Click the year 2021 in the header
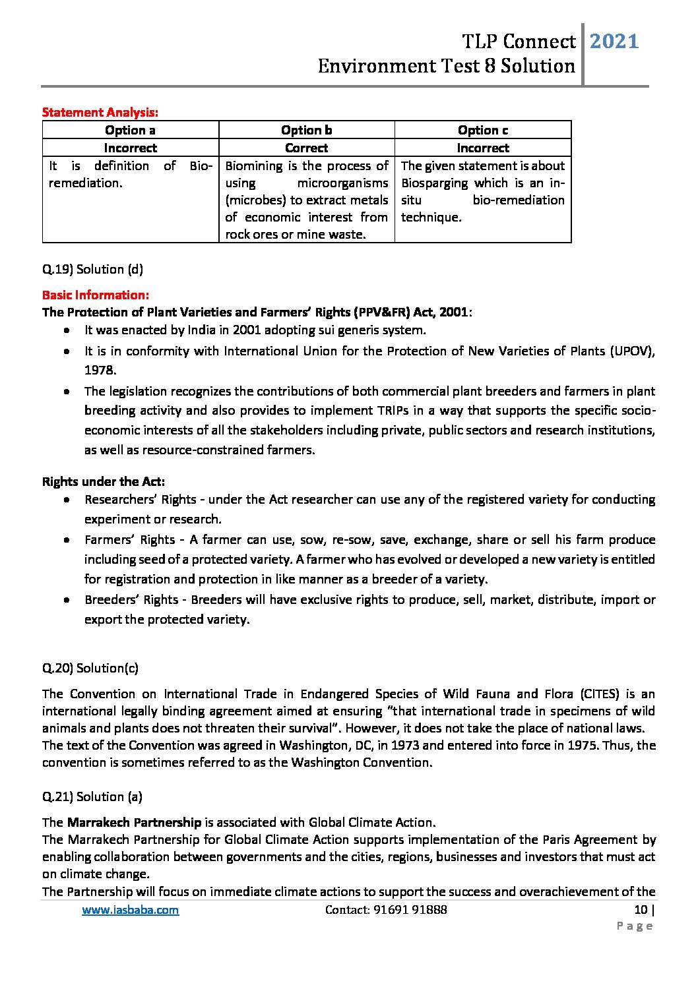tap(614, 42)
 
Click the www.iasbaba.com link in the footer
tap(130, 910)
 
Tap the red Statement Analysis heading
tap(100, 113)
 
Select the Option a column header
tap(130, 130)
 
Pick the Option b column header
tap(306, 130)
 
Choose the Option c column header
tap(482, 130)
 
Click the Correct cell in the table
tap(306, 148)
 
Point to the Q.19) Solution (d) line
tap(92, 269)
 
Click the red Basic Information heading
tap(96, 295)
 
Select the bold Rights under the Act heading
tap(104, 481)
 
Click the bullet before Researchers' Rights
tap(67, 500)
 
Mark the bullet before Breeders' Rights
tap(67, 600)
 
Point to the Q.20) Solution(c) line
tap(90, 668)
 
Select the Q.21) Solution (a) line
tap(92, 796)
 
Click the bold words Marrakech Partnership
tap(134, 822)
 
